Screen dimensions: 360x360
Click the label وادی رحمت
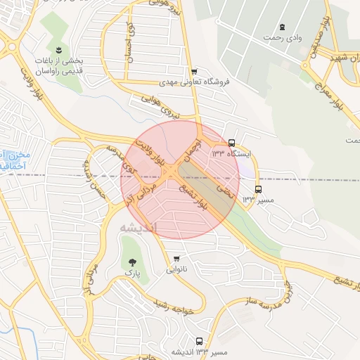coord(283,36)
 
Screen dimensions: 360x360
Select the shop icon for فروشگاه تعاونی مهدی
coord(194,71)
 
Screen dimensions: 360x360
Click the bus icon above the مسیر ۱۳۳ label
coord(258,189)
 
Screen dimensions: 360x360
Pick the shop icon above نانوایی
coord(176,258)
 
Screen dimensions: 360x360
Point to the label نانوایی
coord(176,269)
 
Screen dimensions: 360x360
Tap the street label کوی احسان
coord(129,44)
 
